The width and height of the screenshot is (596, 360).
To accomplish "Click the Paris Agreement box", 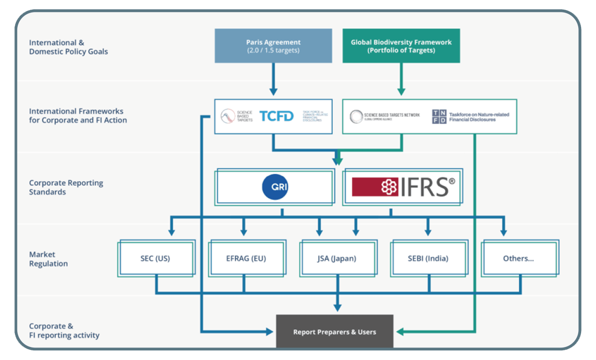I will click(x=273, y=46).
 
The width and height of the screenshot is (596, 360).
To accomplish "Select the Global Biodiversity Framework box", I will click(x=401, y=46).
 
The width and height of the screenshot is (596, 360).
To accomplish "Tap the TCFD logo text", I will click(x=276, y=116).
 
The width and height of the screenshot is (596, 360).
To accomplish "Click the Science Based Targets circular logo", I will click(x=227, y=116).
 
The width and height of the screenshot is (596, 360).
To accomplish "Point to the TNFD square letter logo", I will click(x=439, y=116).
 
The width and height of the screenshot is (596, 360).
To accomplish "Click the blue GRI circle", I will click(x=275, y=186).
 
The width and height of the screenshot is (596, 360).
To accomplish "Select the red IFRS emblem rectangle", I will click(x=375, y=186).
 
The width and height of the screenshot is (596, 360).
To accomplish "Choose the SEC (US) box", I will click(x=155, y=259).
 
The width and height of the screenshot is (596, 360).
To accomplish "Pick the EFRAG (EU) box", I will click(x=246, y=259).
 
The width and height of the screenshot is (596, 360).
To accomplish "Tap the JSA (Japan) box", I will click(x=337, y=259).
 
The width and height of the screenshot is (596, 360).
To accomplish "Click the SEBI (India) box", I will click(x=427, y=259).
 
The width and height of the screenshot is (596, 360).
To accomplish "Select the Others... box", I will click(x=518, y=259).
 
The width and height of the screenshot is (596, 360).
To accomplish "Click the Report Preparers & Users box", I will click(x=334, y=332).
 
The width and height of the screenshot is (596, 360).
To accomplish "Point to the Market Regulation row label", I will click(x=48, y=259).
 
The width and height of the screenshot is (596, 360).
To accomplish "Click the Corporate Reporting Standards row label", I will click(x=66, y=187).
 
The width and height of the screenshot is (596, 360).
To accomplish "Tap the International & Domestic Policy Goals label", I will click(x=68, y=47).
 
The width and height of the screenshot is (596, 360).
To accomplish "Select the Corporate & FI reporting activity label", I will click(x=64, y=331).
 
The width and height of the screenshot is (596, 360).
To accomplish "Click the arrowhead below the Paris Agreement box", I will click(x=273, y=91).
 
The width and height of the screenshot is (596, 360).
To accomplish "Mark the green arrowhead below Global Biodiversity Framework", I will click(x=401, y=91).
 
